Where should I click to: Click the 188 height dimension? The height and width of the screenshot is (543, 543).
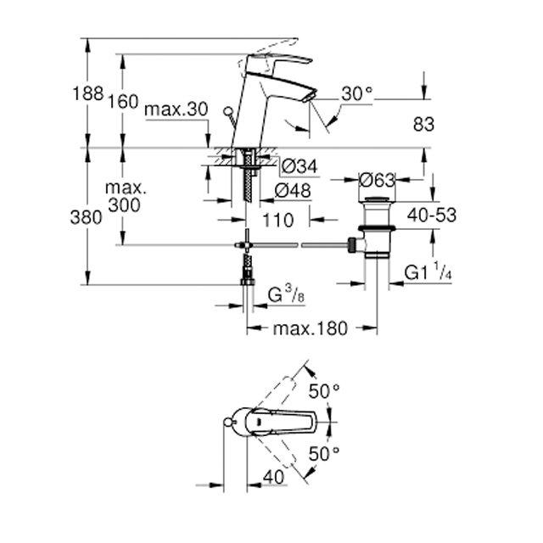click(88, 93)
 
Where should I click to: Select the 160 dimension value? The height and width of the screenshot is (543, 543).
click(123, 102)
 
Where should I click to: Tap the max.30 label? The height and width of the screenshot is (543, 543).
click(176, 109)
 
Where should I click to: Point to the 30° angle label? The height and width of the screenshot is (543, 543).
click(356, 94)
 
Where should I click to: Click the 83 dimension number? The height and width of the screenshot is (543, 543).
click(423, 125)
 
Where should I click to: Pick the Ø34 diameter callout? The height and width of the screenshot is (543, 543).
click(299, 166)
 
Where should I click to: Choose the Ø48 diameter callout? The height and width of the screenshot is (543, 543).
click(293, 190)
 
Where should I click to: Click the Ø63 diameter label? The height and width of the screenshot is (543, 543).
click(377, 180)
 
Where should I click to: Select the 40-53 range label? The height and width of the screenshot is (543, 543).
click(432, 215)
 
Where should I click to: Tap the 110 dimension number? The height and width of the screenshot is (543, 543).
click(278, 220)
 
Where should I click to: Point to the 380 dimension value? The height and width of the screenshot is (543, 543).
click(86, 218)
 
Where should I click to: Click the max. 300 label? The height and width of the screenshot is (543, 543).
click(126, 196)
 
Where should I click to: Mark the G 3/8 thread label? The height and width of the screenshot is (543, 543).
click(287, 294)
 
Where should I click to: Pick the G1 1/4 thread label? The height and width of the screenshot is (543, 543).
click(428, 271)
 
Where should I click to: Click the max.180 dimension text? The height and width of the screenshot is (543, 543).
click(310, 328)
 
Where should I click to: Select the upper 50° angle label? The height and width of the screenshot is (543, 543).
click(324, 392)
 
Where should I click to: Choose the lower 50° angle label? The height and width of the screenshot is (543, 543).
click(324, 454)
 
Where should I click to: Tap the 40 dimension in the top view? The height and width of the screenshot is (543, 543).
click(273, 478)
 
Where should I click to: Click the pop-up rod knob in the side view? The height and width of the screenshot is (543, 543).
click(228, 111)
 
